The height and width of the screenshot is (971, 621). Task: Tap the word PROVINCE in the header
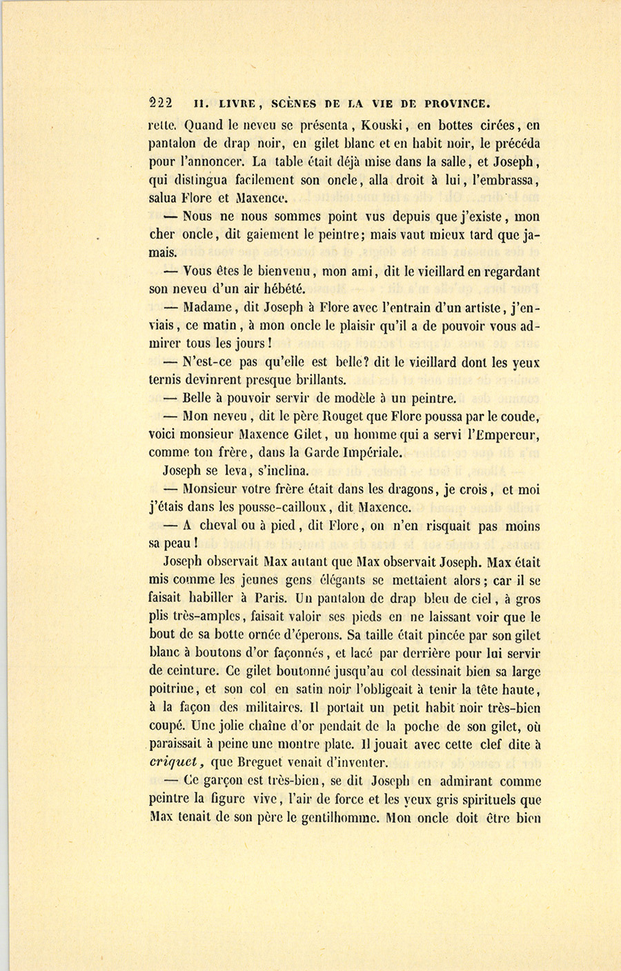pos(457,104)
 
